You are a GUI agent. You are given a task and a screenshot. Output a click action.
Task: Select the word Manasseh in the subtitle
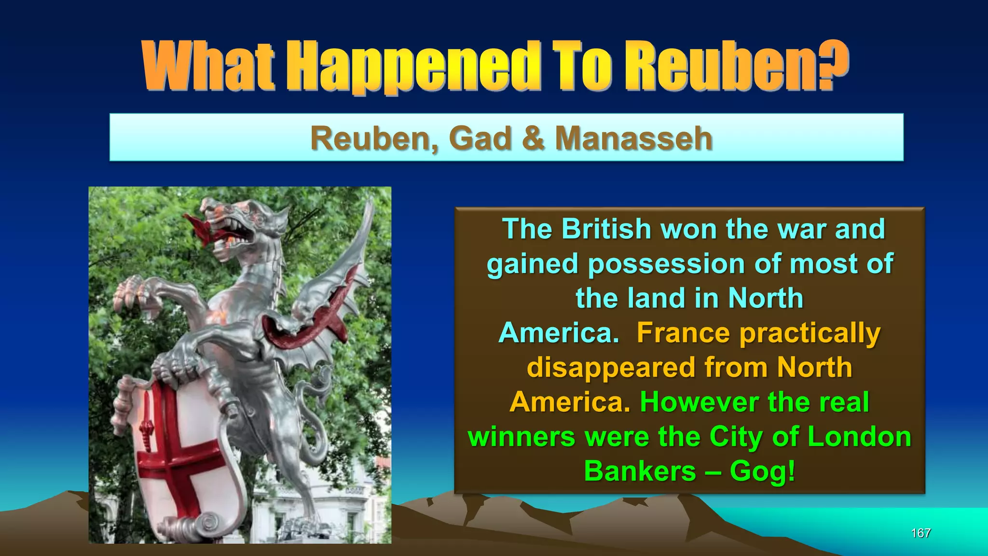tap(633, 138)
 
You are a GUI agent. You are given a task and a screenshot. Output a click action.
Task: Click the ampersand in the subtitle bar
tap(533, 138)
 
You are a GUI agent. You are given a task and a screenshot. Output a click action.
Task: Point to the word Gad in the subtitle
tap(480, 138)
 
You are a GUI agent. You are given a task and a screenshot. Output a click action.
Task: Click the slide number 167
tap(920, 533)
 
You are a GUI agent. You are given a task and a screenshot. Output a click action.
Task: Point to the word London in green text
tap(859, 436)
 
